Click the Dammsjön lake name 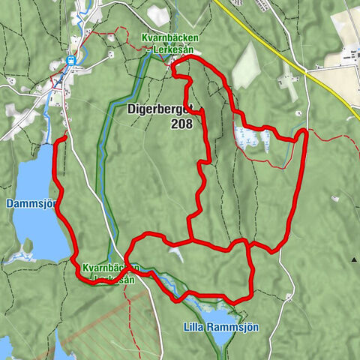pyautogui.click(x=27, y=203)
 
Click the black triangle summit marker pyautogui.click(x=353, y=259)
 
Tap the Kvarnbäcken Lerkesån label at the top pyautogui.click(x=167, y=43)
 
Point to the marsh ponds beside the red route pyautogui.click(x=251, y=138)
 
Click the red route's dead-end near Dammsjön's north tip pyautogui.click(x=66, y=136)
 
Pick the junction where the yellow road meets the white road pyautogui.click(x=306, y=73)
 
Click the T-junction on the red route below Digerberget pyautogui.click(x=192, y=241)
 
